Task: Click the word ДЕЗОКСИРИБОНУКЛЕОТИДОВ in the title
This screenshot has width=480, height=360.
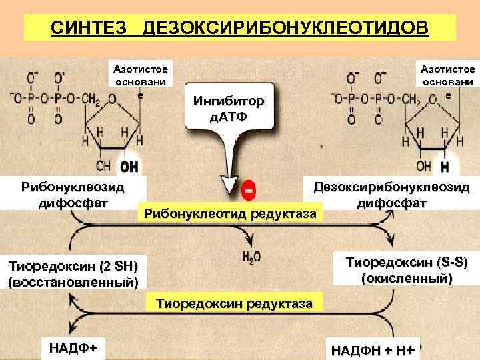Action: coord(287,29)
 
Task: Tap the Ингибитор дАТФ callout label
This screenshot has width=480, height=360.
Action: coord(228,109)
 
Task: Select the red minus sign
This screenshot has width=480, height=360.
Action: coord(248,190)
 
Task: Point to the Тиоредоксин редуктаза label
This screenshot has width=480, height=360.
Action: coord(233,303)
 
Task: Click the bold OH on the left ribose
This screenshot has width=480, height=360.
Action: coord(128,165)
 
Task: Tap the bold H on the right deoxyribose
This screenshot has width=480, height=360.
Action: coord(445,165)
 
